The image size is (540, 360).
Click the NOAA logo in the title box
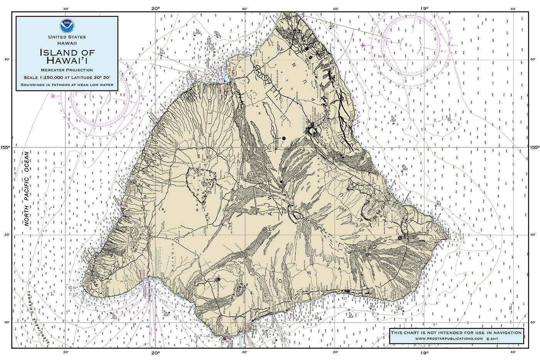coord(66,26)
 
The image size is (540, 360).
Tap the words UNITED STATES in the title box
coord(67,37)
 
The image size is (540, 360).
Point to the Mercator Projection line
coord(67,70)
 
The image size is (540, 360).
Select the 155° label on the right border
coord(534,147)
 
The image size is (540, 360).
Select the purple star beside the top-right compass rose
coord(363,45)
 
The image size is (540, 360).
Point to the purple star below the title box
coord(52,96)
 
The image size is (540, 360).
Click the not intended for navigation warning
coord(456,332)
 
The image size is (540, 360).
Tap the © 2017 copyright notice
coord(495,338)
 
